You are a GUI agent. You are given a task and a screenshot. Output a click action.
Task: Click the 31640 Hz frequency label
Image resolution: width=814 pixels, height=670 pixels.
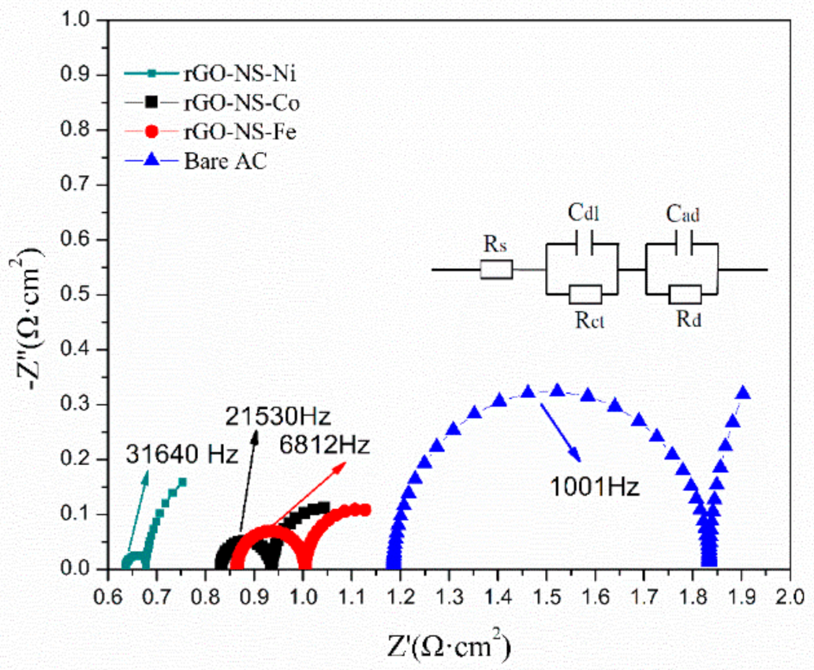[181, 455]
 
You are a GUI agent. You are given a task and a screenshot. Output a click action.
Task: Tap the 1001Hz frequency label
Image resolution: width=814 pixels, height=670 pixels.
[593, 487]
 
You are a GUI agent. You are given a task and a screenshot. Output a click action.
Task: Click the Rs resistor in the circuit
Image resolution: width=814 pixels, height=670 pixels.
[496, 270]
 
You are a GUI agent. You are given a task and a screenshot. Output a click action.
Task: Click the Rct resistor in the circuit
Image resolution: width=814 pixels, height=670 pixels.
[584, 295]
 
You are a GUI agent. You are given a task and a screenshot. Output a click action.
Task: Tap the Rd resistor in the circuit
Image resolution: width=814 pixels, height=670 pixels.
[685, 295]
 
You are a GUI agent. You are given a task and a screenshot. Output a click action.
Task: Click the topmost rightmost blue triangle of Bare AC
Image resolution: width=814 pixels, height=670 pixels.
[742, 393]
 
